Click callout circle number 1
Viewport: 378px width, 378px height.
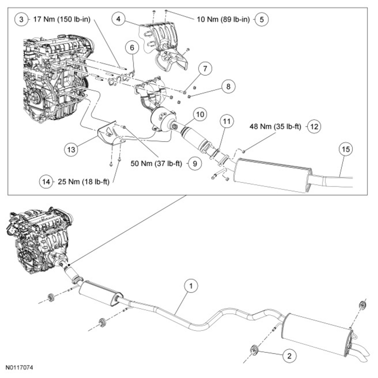pyautogui.click(x=191, y=287)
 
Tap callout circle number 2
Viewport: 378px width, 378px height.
pyautogui.click(x=289, y=356)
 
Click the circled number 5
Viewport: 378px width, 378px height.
pyautogui.click(x=262, y=20)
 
